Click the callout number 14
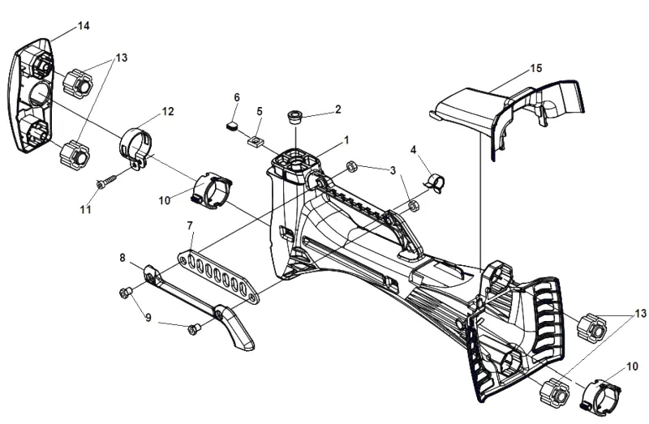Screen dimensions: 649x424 84,26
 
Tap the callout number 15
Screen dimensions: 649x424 536,68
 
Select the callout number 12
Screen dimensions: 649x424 168,111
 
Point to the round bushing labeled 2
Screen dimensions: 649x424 295,116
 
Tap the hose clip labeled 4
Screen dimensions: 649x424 435,182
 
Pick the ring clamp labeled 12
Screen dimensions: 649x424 135,148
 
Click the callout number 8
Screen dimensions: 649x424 122,258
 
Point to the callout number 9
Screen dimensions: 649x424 148,318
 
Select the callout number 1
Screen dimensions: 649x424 346,140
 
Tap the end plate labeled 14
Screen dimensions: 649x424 31,96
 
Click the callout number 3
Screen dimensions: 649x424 393,170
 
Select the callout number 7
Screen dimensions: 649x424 190,226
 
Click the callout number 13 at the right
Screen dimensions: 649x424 640,314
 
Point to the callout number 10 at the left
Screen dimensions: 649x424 165,200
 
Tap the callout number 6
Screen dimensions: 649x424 237,97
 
